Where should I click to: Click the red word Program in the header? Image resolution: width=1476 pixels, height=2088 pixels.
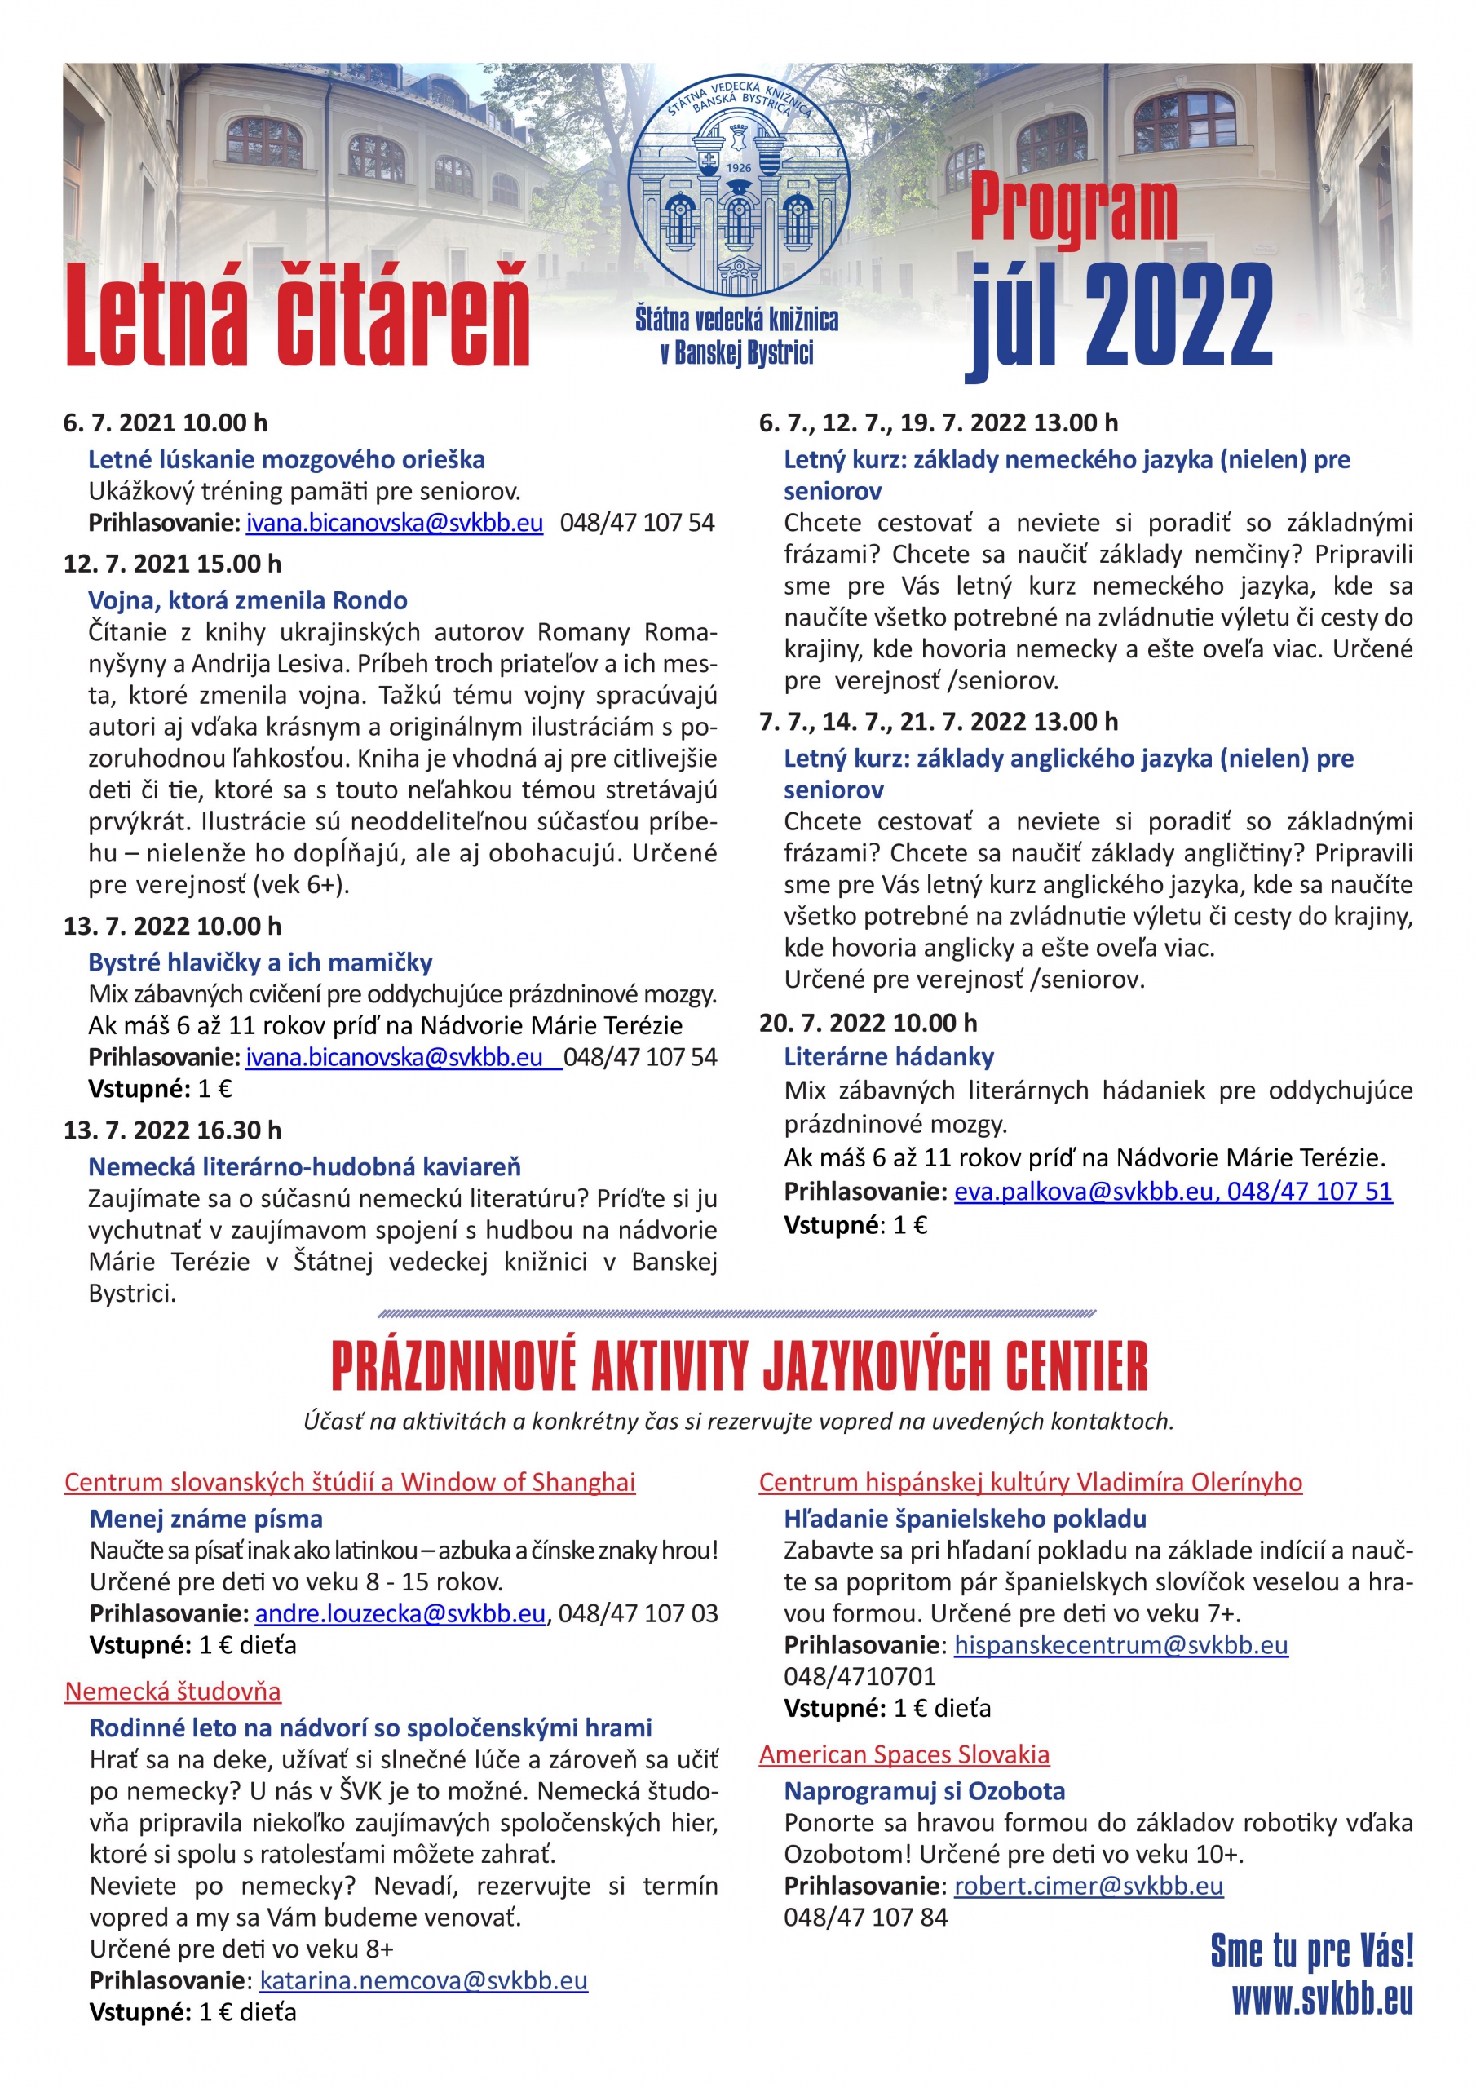click(x=1073, y=209)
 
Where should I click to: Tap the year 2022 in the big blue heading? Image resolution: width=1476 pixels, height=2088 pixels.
click(x=1178, y=318)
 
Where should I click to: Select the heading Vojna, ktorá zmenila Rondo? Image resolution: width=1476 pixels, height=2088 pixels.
click(x=247, y=600)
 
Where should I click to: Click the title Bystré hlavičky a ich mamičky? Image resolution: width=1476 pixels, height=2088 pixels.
click(x=260, y=962)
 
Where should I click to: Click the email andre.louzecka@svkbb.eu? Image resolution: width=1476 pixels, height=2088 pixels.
click(x=400, y=1613)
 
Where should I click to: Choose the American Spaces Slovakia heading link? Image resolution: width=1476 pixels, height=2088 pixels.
click(x=904, y=1754)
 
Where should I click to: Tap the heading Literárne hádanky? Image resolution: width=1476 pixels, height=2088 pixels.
click(x=889, y=1057)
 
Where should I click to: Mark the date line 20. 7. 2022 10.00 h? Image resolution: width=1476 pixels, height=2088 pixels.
click(x=868, y=1023)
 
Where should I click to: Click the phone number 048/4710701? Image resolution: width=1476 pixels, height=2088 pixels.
click(x=860, y=1676)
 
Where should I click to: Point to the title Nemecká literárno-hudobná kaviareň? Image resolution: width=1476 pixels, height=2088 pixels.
click(x=305, y=1167)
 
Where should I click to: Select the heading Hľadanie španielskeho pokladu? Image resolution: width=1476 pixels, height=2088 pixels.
click(x=965, y=1519)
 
